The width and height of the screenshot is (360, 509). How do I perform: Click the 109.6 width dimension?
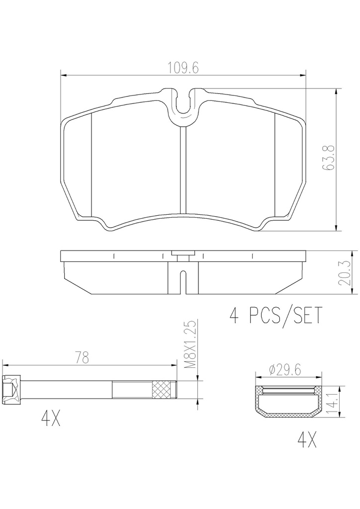(x=183, y=68)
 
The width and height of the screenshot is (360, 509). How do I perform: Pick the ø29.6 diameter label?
(x=285, y=369)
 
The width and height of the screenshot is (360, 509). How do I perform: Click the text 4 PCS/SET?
(x=276, y=315)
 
